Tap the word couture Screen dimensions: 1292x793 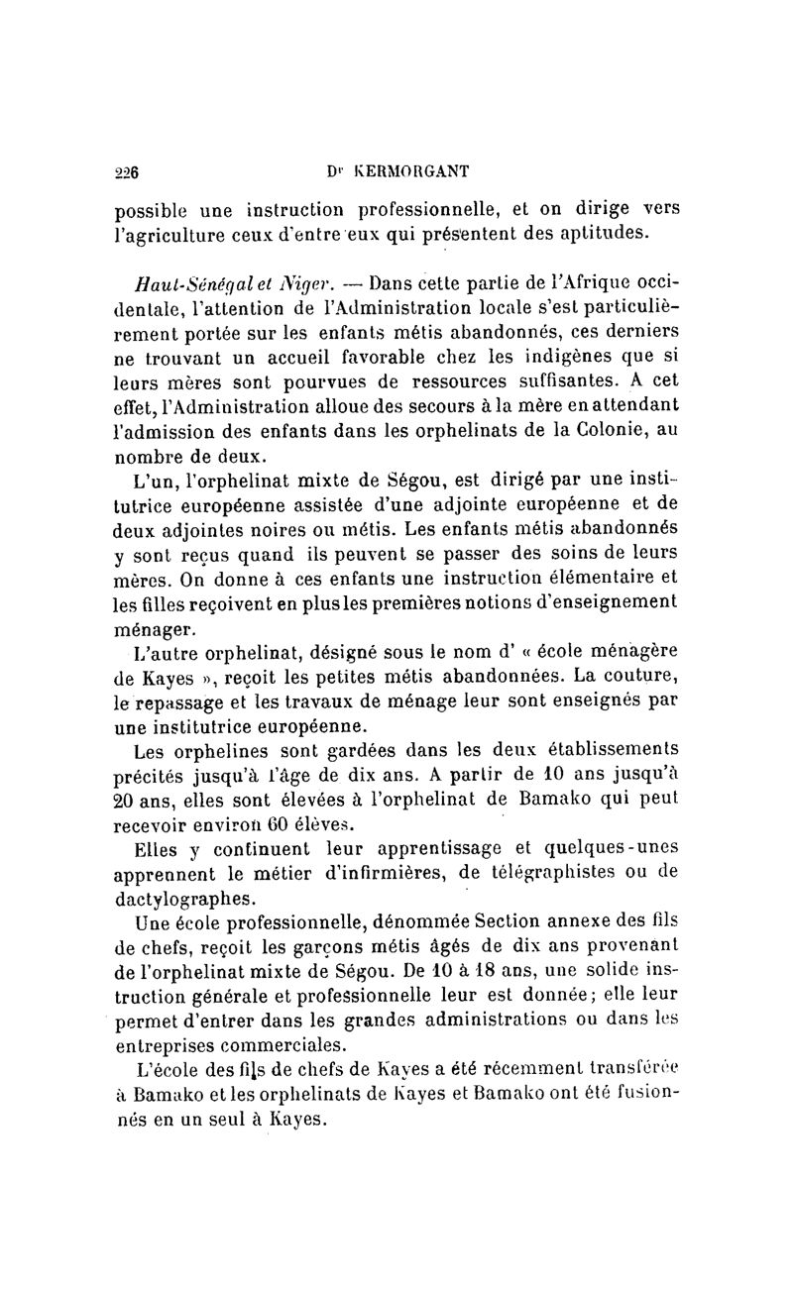point(637,680)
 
